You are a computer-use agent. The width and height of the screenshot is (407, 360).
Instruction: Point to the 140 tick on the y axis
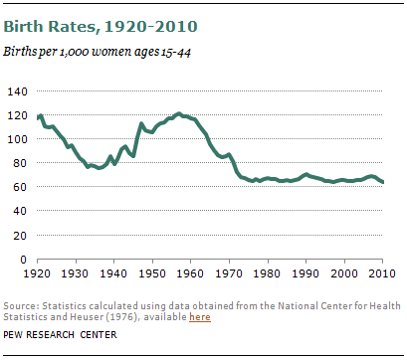click(x=18, y=91)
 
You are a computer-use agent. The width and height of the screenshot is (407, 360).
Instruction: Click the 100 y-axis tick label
click(x=18, y=139)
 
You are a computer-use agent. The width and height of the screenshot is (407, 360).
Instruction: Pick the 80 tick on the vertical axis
click(x=21, y=163)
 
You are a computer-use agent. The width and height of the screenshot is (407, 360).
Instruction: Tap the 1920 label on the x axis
click(x=38, y=272)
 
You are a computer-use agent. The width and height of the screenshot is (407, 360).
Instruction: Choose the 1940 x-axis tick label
click(x=114, y=272)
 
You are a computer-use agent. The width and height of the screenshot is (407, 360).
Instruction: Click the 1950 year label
click(x=153, y=272)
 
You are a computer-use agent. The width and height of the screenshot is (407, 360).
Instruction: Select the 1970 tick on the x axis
click(x=230, y=272)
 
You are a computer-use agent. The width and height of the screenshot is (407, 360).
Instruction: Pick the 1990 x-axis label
click(x=306, y=272)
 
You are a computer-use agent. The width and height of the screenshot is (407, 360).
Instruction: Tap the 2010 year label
click(x=383, y=272)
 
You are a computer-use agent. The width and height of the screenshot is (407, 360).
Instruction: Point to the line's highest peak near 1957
click(x=179, y=113)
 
